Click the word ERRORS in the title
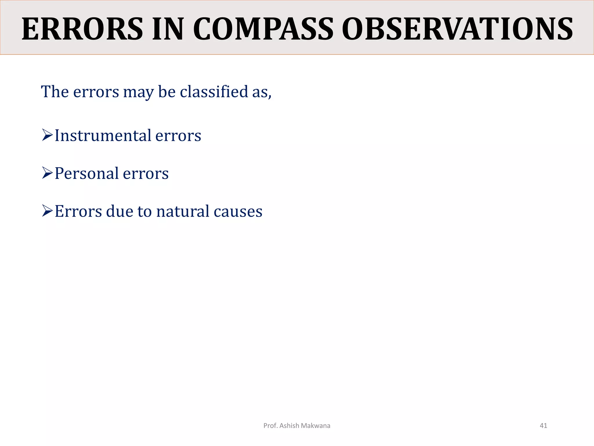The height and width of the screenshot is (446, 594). [x=82, y=29]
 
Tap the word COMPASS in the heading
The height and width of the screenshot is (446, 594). [x=263, y=29]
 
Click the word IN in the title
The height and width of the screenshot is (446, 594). [x=168, y=29]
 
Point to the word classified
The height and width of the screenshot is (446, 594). [x=214, y=92]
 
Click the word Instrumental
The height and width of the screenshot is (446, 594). [x=103, y=136]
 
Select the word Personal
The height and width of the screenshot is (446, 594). [x=86, y=174]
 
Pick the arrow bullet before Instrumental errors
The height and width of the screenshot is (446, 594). [x=47, y=135]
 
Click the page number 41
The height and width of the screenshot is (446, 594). [x=543, y=426]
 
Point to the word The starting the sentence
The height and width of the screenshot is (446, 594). [x=55, y=92]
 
